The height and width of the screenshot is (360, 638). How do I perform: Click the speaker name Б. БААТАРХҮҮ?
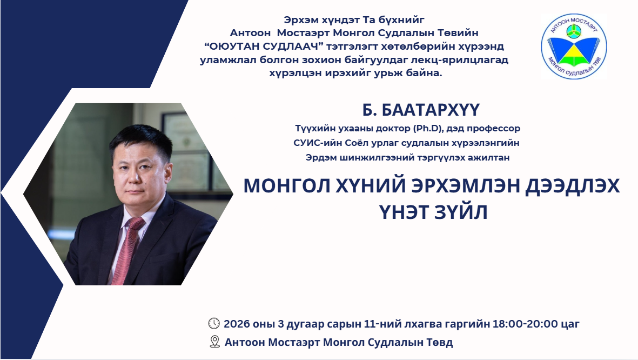[x=421, y=111]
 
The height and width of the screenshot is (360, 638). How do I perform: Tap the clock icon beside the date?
[x=214, y=323]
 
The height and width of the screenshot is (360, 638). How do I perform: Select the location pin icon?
[x=214, y=342]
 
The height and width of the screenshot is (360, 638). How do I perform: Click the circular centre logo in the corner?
[x=574, y=48]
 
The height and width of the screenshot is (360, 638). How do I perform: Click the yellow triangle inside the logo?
[x=574, y=56]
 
